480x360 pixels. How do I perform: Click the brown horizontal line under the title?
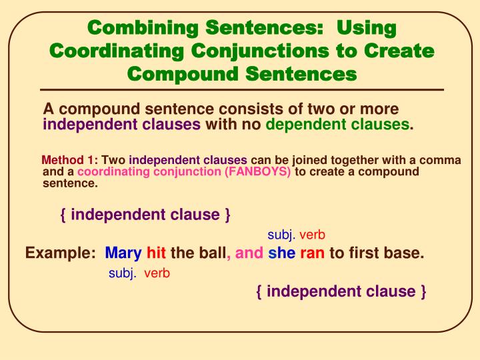[240, 89]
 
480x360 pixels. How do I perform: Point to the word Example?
[61, 253]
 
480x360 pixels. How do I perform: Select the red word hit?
[156, 253]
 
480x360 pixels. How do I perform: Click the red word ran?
[311, 253]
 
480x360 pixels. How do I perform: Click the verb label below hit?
[157, 273]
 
